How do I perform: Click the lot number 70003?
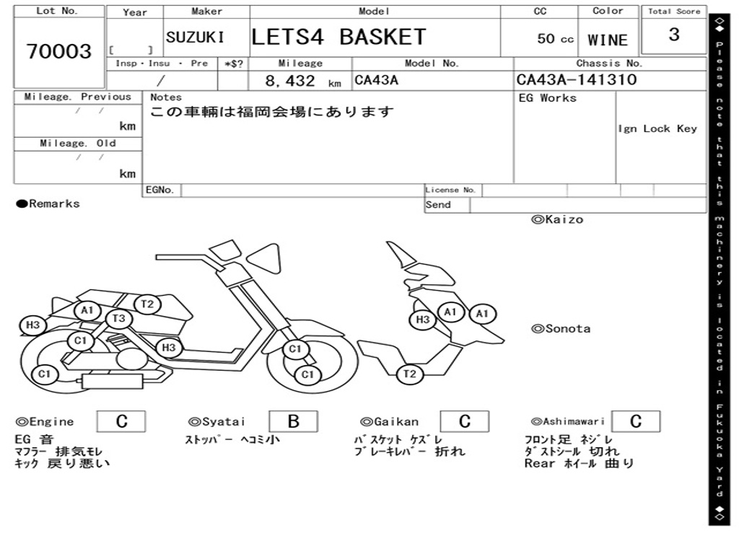59,51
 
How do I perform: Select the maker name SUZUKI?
195,38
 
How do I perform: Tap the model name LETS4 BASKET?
338,38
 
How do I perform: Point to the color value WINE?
608,40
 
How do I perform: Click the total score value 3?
674,35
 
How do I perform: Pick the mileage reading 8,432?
290,81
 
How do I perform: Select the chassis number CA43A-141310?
577,79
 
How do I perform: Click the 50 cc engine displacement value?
555,39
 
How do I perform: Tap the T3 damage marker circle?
119,319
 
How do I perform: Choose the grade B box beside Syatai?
293,421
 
